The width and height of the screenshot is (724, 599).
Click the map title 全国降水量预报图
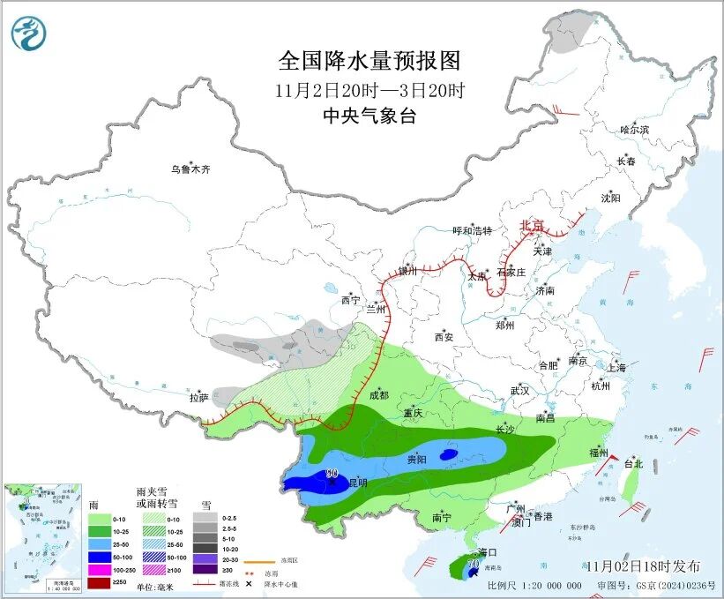369,62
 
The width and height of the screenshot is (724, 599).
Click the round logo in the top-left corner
29,34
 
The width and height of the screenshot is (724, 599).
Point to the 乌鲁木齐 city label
191,169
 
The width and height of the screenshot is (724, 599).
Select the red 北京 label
532,226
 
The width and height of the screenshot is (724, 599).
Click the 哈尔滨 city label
633,130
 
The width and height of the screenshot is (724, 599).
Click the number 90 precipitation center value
332,474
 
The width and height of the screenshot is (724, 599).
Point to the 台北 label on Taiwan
633,464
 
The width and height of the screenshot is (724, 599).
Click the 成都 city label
378,395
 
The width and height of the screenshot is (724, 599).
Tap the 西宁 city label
350,301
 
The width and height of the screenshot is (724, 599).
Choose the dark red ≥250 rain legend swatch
99,584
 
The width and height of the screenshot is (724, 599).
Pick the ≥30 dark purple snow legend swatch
205,571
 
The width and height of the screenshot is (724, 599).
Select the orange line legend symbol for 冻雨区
255,560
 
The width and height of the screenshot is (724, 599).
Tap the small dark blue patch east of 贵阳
449,454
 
